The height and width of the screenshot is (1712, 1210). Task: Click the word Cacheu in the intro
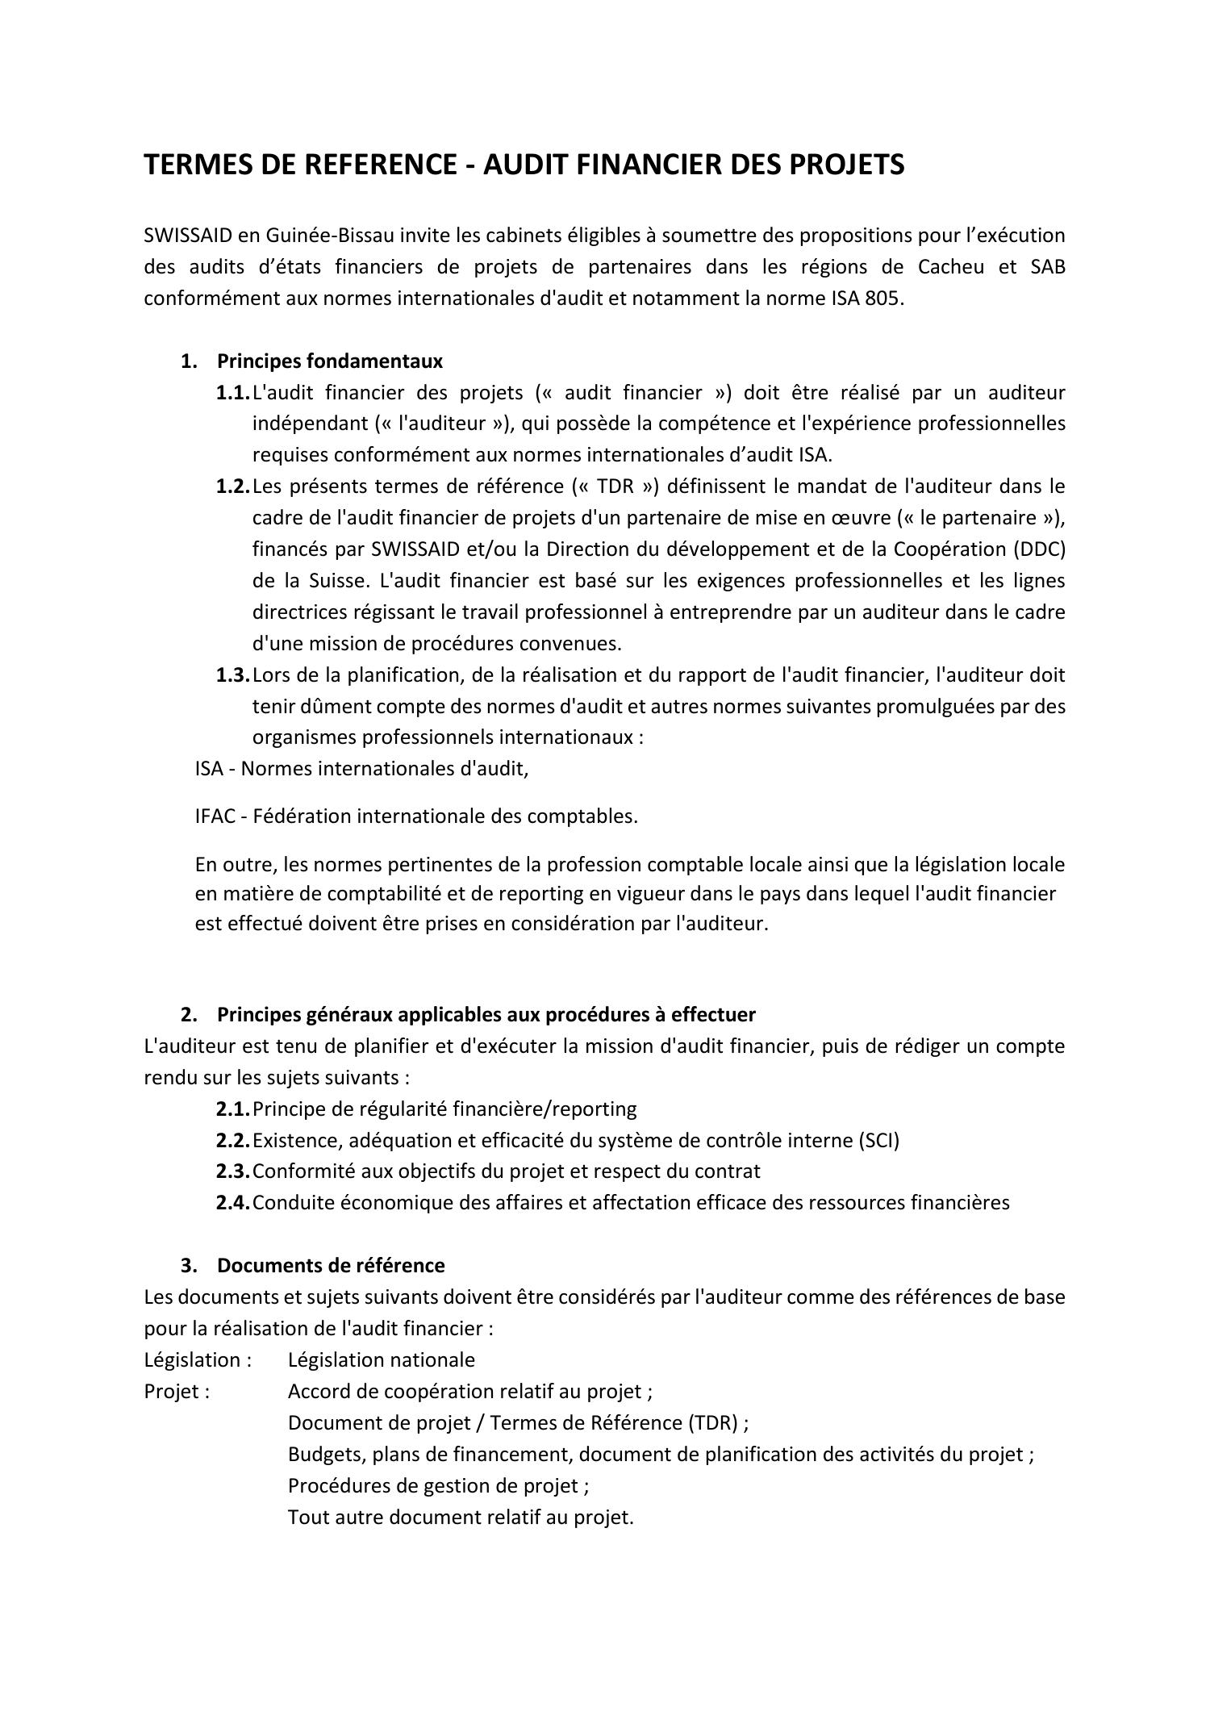pyautogui.click(x=950, y=267)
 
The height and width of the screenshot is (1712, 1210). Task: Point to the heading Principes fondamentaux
pyautogui.click(x=329, y=361)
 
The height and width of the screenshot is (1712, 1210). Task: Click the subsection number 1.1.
pyautogui.click(x=232, y=393)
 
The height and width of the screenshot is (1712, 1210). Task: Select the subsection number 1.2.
pyautogui.click(x=232, y=486)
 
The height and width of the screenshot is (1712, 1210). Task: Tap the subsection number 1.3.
pyautogui.click(x=232, y=675)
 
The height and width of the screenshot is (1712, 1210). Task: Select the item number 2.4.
pyautogui.click(x=232, y=1203)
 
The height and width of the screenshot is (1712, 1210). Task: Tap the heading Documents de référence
pyautogui.click(x=330, y=1265)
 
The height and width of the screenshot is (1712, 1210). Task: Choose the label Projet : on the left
pyautogui.click(x=177, y=1392)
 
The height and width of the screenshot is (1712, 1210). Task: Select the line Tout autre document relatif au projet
pyautogui.click(x=461, y=1518)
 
